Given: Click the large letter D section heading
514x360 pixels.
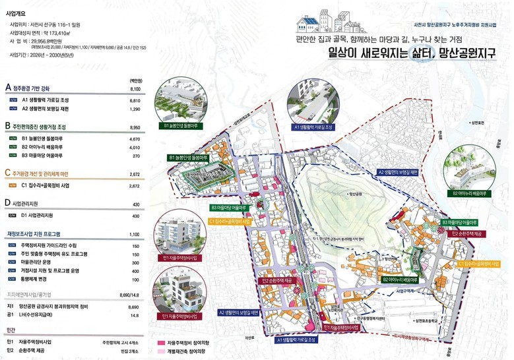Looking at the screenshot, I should pos(7,203).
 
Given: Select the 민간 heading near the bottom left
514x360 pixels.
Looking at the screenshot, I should pos(9,331).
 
